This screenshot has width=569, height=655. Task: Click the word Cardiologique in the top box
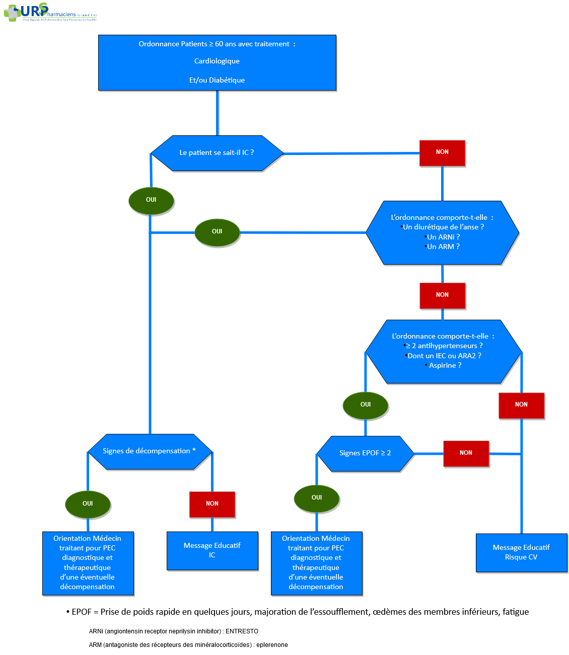217,61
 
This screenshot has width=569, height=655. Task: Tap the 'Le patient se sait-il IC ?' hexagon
217,152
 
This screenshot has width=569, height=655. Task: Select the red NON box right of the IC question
442,152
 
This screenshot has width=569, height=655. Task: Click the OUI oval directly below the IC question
151,200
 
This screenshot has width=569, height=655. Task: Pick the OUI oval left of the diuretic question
217,232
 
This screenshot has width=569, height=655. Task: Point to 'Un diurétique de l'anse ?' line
443,227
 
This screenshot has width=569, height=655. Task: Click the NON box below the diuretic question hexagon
442,295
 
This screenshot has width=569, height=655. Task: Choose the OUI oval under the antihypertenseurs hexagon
366,405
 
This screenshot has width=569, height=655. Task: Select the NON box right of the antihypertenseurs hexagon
521,405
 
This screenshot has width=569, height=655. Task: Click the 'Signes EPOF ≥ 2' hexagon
365,453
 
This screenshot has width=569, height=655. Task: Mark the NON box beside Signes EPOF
466,453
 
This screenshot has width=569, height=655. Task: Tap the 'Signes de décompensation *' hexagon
149,451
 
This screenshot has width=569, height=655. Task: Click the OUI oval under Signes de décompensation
88,504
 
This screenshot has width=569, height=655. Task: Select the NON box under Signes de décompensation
212,504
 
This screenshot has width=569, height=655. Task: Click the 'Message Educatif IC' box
212,550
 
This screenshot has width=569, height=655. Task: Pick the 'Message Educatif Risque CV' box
521,552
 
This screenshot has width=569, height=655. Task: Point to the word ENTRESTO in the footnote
242,631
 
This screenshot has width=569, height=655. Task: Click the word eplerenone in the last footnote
272,645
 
